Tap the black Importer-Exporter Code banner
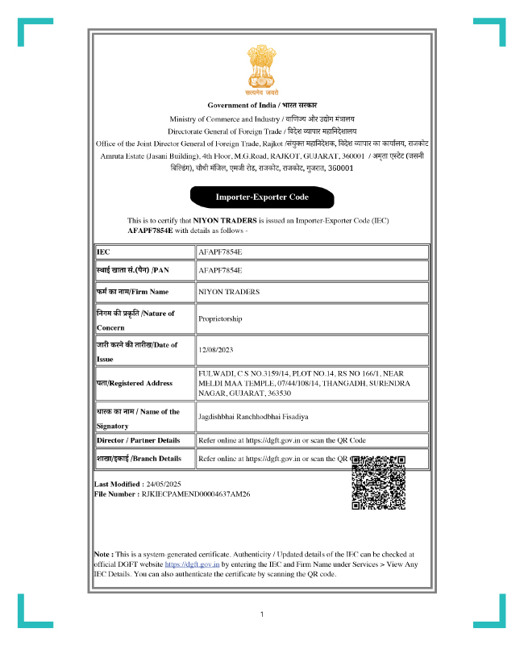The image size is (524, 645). point(261,197)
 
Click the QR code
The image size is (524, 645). point(378,482)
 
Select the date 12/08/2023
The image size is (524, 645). point(215,351)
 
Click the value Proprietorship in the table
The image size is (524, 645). point(220,319)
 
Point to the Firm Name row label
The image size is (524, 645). point(133,291)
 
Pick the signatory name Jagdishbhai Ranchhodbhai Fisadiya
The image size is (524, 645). point(253,417)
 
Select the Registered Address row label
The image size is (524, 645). point(134,383)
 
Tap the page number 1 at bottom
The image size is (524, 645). point(262,615)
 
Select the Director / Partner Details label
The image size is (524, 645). point(138,440)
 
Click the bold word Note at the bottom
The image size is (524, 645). point(102,555)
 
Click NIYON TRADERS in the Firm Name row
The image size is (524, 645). point(228,291)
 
